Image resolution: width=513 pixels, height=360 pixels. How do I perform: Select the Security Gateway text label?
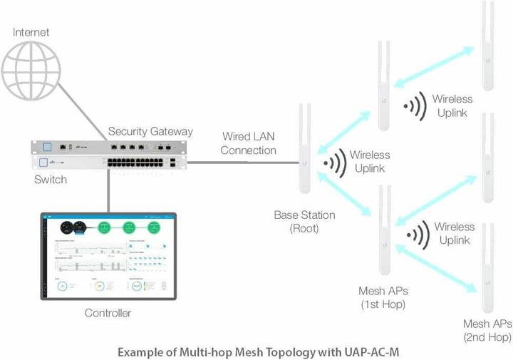150,131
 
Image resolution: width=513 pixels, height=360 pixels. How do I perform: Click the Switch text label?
50,180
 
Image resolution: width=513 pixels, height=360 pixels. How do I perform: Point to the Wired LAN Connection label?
248,143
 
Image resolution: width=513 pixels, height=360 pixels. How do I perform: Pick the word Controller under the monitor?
108,313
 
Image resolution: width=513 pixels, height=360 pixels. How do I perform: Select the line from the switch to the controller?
108,190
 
